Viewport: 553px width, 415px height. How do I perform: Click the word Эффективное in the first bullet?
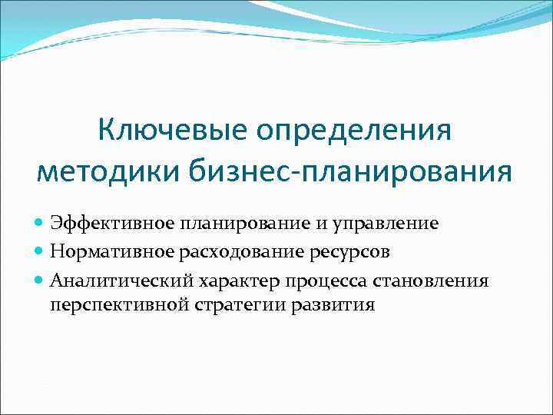(112, 223)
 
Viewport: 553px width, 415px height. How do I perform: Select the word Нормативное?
(112, 251)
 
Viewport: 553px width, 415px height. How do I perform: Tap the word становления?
(431, 280)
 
